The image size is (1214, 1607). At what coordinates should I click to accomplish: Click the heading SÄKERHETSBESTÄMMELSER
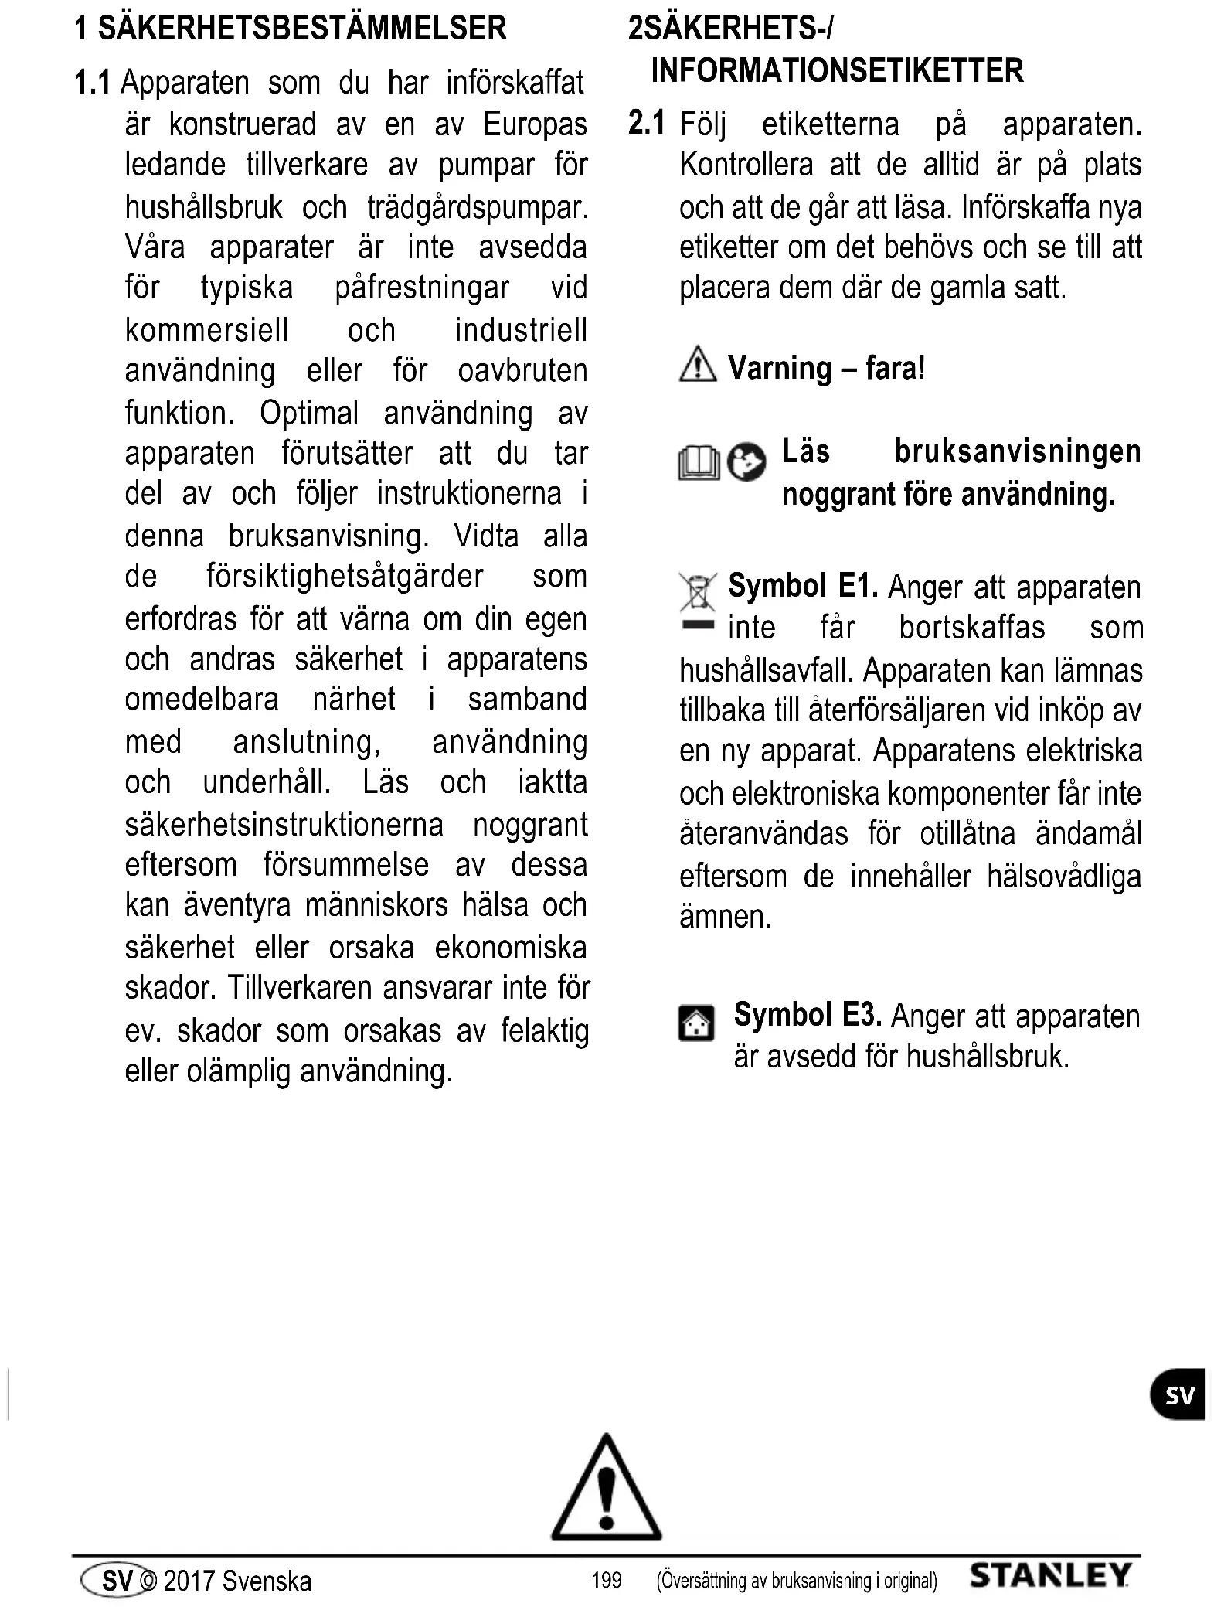click(302, 29)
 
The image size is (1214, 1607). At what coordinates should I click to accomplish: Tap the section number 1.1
click(93, 82)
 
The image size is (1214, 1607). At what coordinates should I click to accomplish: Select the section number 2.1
click(646, 124)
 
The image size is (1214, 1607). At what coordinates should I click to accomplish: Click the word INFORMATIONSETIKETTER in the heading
click(837, 70)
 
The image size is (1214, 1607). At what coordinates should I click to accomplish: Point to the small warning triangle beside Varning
click(698, 365)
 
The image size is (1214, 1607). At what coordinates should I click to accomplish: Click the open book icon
click(698, 464)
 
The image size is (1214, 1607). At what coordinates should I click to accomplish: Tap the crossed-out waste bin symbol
click(697, 594)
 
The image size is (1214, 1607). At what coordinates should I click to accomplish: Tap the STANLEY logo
click(1050, 1576)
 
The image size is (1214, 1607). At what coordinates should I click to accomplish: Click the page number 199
click(606, 1580)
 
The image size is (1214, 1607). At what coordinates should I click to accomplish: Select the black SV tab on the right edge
click(1178, 1394)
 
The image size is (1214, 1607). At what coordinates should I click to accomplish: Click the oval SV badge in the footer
click(116, 1580)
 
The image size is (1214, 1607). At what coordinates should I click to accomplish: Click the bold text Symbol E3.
click(808, 1014)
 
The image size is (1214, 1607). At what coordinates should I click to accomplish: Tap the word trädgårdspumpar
click(477, 207)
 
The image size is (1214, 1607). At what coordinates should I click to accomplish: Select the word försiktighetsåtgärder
click(345, 576)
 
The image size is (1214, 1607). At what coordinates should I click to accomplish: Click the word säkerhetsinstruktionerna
click(284, 825)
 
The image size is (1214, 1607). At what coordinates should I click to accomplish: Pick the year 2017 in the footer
click(189, 1581)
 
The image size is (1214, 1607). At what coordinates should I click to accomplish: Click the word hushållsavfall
click(766, 670)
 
